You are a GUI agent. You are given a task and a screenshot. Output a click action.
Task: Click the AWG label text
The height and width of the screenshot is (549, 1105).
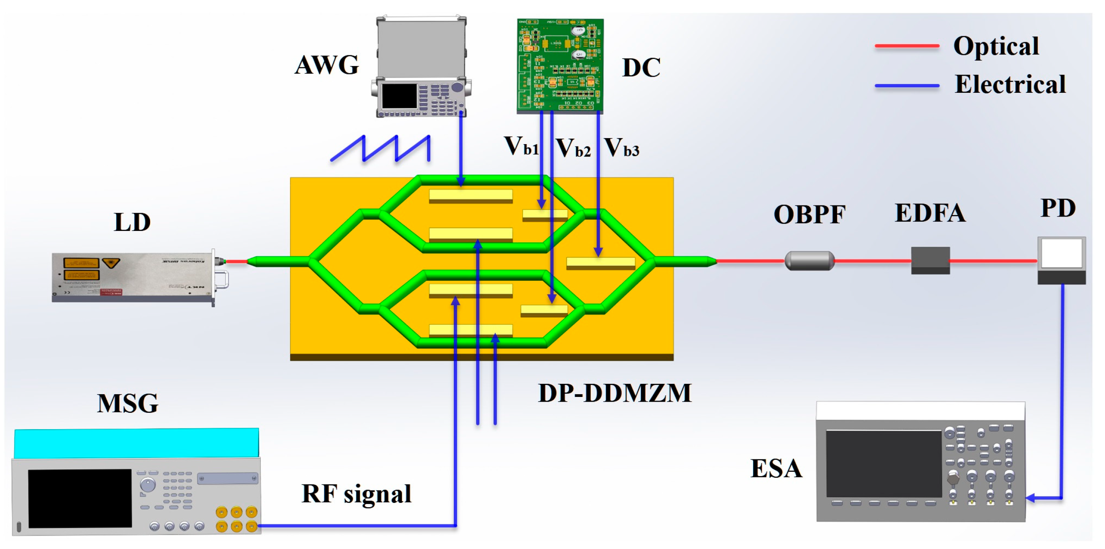[326, 65]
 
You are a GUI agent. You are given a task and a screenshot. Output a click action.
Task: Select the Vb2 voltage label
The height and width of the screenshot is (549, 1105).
[573, 148]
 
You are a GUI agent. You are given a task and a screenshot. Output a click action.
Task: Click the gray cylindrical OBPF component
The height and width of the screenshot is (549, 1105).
[809, 261]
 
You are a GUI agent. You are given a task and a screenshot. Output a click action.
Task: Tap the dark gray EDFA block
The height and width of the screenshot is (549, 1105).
[930, 260]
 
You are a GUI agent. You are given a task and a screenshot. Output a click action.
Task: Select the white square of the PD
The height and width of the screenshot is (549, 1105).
[1061, 253]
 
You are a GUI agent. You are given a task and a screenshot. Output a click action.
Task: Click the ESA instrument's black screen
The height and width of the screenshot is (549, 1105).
[883, 463]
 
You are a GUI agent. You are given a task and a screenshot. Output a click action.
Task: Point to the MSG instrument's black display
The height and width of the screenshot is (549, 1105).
[80, 498]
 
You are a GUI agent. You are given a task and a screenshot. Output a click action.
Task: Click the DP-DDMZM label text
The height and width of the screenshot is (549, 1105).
[614, 393]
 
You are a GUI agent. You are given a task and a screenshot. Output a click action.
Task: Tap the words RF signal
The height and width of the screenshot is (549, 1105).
[356, 494]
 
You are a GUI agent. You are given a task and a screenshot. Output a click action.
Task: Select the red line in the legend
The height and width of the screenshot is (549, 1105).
[906, 46]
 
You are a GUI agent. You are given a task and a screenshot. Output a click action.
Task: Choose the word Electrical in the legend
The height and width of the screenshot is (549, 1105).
[1010, 84]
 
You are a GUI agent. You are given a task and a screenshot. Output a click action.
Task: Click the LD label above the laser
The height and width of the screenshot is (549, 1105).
[132, 222]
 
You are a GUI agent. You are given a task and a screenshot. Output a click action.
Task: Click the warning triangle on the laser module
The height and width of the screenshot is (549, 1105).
[111, 262]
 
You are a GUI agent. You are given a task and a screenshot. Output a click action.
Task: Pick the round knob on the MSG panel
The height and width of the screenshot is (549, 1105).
[148, 485]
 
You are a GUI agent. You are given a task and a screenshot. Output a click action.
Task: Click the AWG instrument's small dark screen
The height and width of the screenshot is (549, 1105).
[399, 96]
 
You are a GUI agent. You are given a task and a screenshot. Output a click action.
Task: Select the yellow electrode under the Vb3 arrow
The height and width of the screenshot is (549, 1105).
[601, 263]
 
